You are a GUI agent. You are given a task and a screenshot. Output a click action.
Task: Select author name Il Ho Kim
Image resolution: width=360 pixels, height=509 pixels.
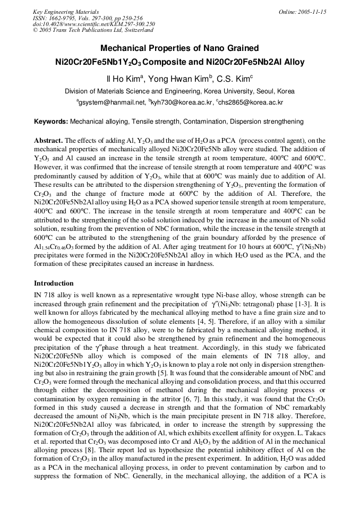tap(124, 79)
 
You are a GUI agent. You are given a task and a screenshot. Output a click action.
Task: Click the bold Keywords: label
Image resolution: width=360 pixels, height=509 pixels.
tap(51, 122)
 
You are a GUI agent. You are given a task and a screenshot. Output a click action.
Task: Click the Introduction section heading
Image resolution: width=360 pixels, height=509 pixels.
tap(54, 283)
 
